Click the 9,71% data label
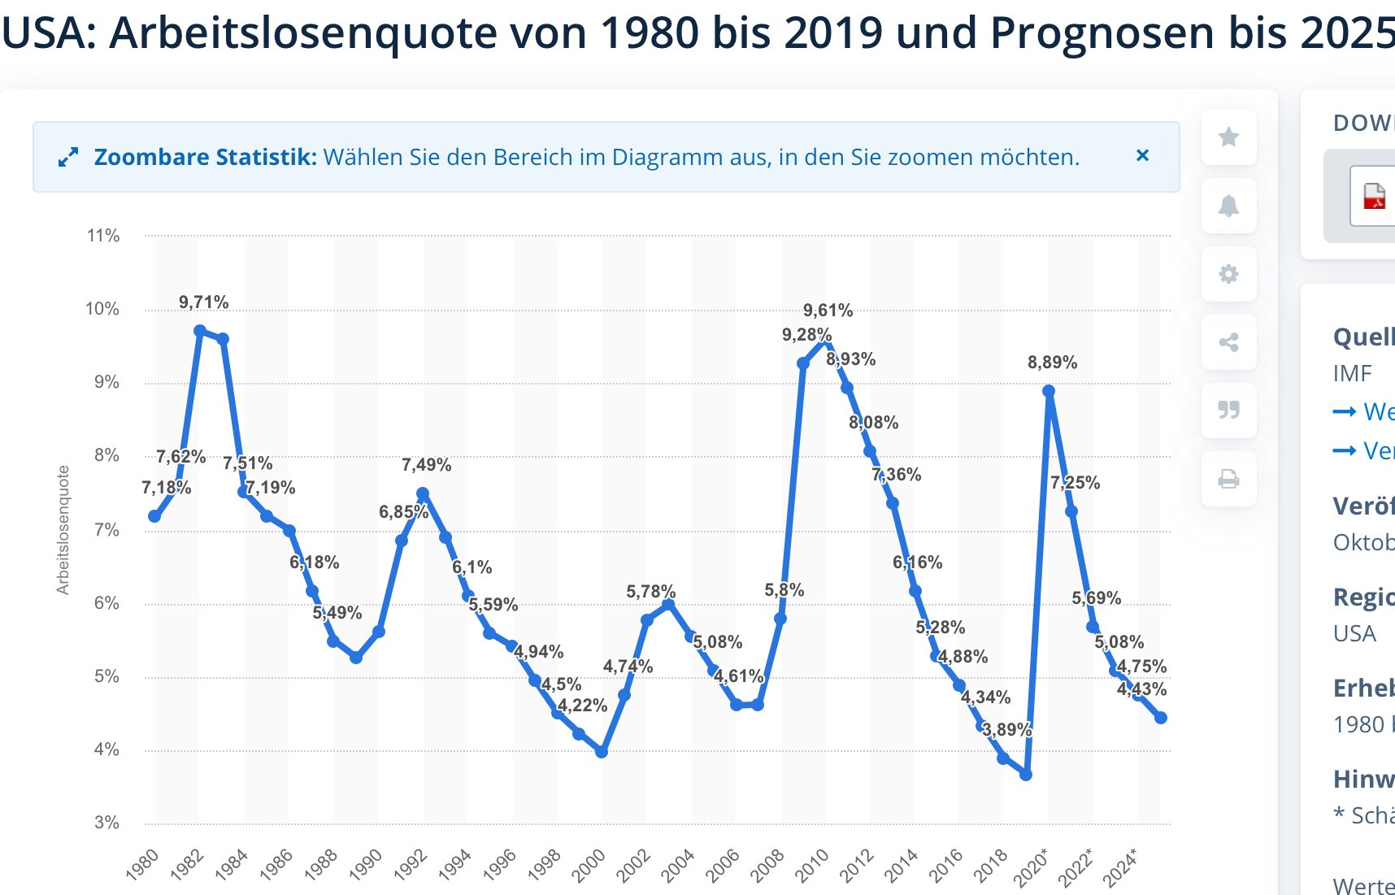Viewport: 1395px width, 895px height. point(203,302)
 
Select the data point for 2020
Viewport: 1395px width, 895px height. point(1049,391)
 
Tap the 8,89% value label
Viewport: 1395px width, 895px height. point(1052,363)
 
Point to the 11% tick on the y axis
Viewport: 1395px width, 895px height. point(103,236)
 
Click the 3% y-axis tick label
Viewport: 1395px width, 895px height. point(106,823)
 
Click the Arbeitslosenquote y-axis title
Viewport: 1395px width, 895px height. point(63,530)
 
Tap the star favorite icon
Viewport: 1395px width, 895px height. point(1228,137)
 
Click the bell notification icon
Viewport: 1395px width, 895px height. point(1228,206)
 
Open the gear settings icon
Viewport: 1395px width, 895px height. point(1228,274)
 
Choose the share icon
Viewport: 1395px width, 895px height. point(1228,342)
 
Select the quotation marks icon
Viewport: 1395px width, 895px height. point(1228,410)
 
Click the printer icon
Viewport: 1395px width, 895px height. point(1228,479)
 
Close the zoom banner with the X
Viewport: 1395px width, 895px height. point(1142,155)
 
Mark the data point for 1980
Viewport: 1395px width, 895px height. point(154,516)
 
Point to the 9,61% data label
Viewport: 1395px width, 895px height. point(828,311)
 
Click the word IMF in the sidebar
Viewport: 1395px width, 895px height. point(1352,373)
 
